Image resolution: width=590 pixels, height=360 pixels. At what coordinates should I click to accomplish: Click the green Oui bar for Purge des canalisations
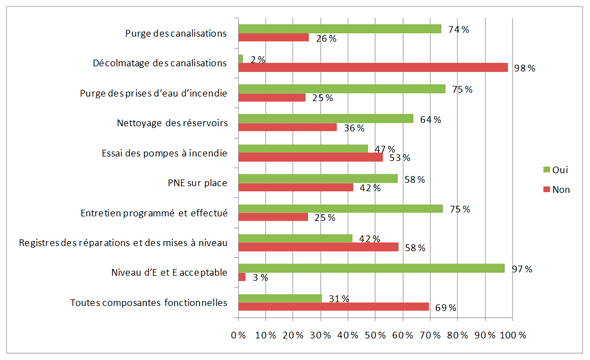pos(340,29)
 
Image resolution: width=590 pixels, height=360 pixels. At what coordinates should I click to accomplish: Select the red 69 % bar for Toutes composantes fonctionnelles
pos(334,307)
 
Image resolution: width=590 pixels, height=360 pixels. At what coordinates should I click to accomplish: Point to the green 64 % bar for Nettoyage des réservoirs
pos(326,119)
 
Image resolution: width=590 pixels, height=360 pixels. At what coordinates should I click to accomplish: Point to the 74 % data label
pos(458,29)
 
